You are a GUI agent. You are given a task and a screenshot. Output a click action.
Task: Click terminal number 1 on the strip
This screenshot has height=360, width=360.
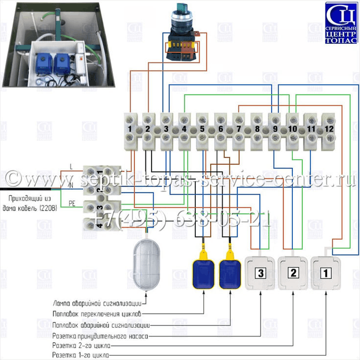click(130, 129)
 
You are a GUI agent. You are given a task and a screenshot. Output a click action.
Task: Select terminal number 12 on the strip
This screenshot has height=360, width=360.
click(328, 129)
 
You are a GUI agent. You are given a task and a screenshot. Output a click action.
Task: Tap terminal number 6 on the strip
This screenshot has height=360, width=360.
click(220, 129)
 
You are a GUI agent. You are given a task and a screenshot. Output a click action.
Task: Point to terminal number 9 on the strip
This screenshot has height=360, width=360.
click(275, 129)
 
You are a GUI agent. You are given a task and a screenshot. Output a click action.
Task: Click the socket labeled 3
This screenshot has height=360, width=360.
click(260, 274)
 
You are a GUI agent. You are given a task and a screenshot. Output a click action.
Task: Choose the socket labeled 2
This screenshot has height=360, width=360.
click(293, 274)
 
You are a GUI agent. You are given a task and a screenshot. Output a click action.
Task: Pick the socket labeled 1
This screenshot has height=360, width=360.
click(326, 274)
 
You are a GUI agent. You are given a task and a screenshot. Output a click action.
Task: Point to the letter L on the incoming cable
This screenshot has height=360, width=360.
click(71, 167)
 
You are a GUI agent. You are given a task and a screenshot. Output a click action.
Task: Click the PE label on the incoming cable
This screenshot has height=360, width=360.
click(72, 203)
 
